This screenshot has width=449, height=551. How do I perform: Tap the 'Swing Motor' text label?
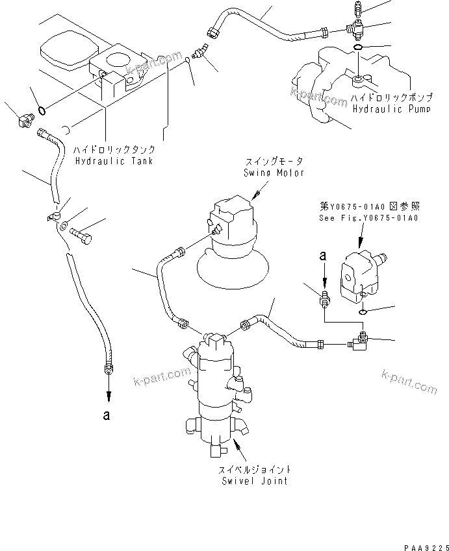274,173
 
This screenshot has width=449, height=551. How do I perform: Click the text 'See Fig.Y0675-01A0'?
368,218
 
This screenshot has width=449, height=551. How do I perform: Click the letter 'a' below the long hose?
108,416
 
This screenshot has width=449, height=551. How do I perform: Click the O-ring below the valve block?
363,311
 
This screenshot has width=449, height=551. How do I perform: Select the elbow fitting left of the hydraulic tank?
23,119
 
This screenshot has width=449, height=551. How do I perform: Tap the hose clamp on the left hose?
53,216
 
